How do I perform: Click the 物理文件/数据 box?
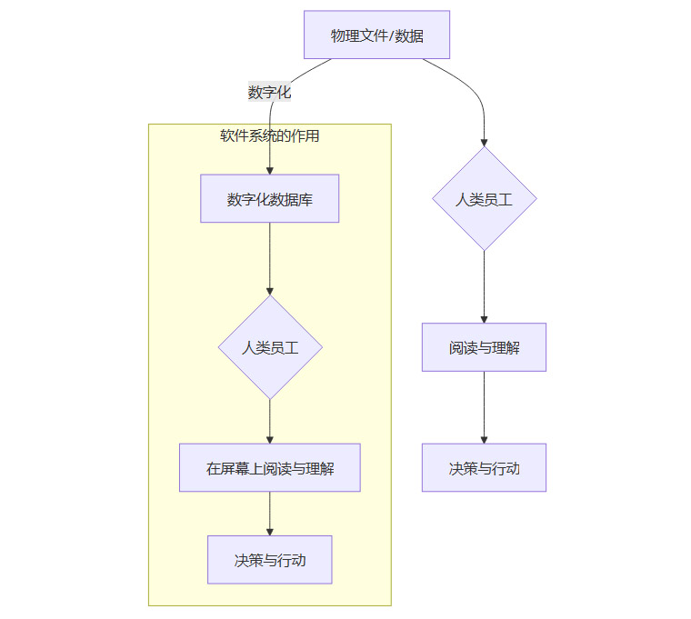(376, 35)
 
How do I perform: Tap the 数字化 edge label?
(269, 92)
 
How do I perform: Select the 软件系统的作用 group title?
(269, 136)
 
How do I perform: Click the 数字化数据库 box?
(269, 199)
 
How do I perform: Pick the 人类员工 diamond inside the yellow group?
(269, 347)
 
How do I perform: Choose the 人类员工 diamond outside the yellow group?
(484, 199)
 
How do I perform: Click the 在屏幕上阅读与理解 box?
(269, 468)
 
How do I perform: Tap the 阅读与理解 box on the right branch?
(484, 347)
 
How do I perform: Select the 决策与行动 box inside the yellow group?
(269, 560)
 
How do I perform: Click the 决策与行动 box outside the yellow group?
(484, 468)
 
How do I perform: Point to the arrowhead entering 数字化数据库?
(270, 170)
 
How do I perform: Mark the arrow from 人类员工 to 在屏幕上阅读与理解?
(270, 421)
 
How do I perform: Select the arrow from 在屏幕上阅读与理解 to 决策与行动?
(270, 514)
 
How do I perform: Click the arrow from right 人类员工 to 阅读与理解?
(484, 286)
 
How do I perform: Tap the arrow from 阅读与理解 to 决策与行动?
(484, 407)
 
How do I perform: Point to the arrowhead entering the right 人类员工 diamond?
(484, 142)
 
